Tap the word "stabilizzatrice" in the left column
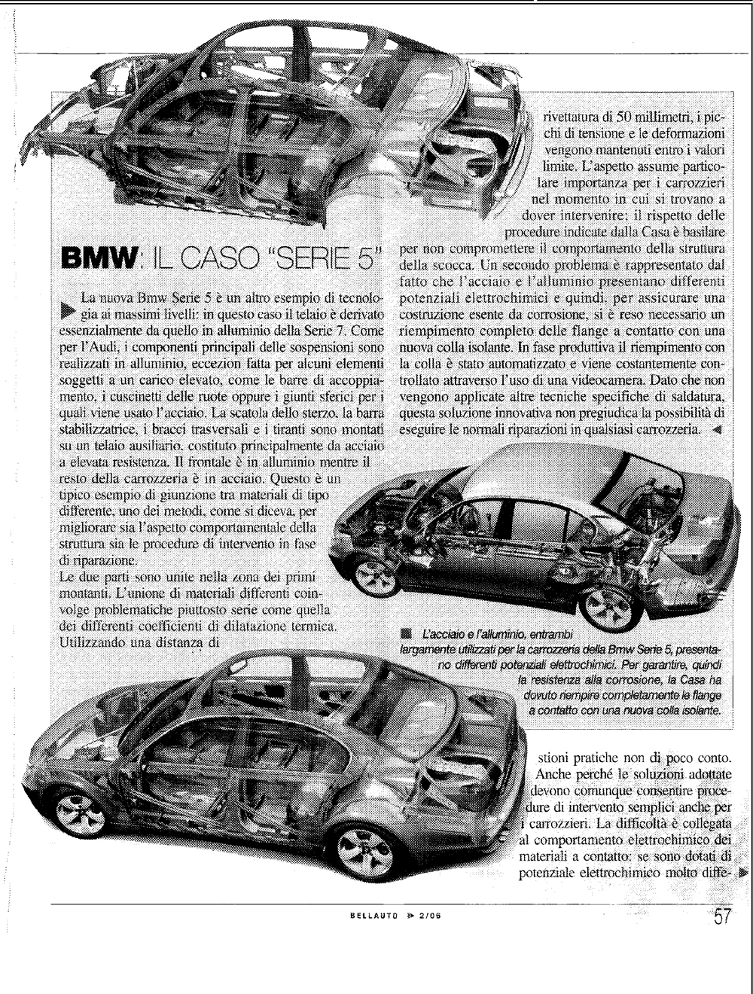(92, 430)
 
